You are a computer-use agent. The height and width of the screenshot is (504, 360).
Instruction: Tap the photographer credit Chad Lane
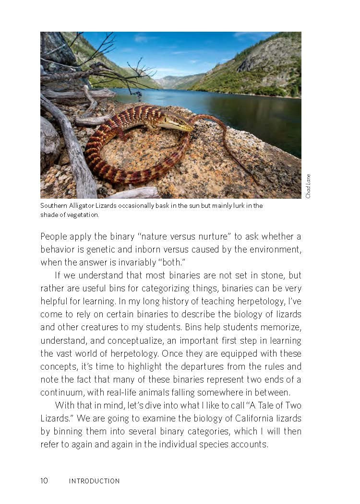[x=308, y=186]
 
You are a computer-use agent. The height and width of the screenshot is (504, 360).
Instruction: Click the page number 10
[x=44, y=480]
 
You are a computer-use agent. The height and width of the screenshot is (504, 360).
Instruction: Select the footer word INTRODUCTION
[x=94, y=480]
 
